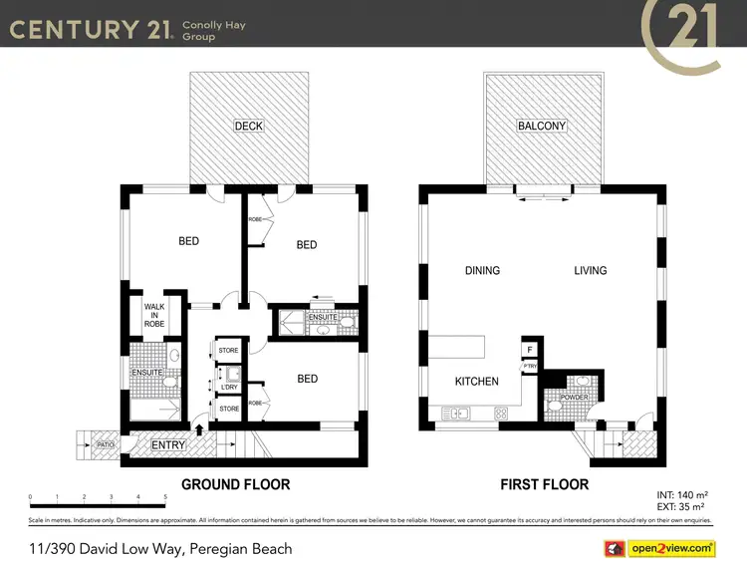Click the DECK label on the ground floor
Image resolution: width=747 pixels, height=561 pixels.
248,126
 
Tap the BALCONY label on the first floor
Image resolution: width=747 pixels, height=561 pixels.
542,126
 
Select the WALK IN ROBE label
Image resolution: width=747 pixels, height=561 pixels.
154,316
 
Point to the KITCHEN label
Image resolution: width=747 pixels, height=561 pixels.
476,382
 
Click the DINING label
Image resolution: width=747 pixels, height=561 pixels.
482,270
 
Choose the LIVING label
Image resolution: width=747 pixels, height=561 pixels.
591,270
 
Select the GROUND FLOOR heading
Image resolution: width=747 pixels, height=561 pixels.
235,485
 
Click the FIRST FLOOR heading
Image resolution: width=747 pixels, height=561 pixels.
544,485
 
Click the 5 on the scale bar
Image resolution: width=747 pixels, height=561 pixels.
164,495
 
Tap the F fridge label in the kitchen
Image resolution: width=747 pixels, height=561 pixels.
530,350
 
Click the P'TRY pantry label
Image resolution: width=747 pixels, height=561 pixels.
530,367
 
